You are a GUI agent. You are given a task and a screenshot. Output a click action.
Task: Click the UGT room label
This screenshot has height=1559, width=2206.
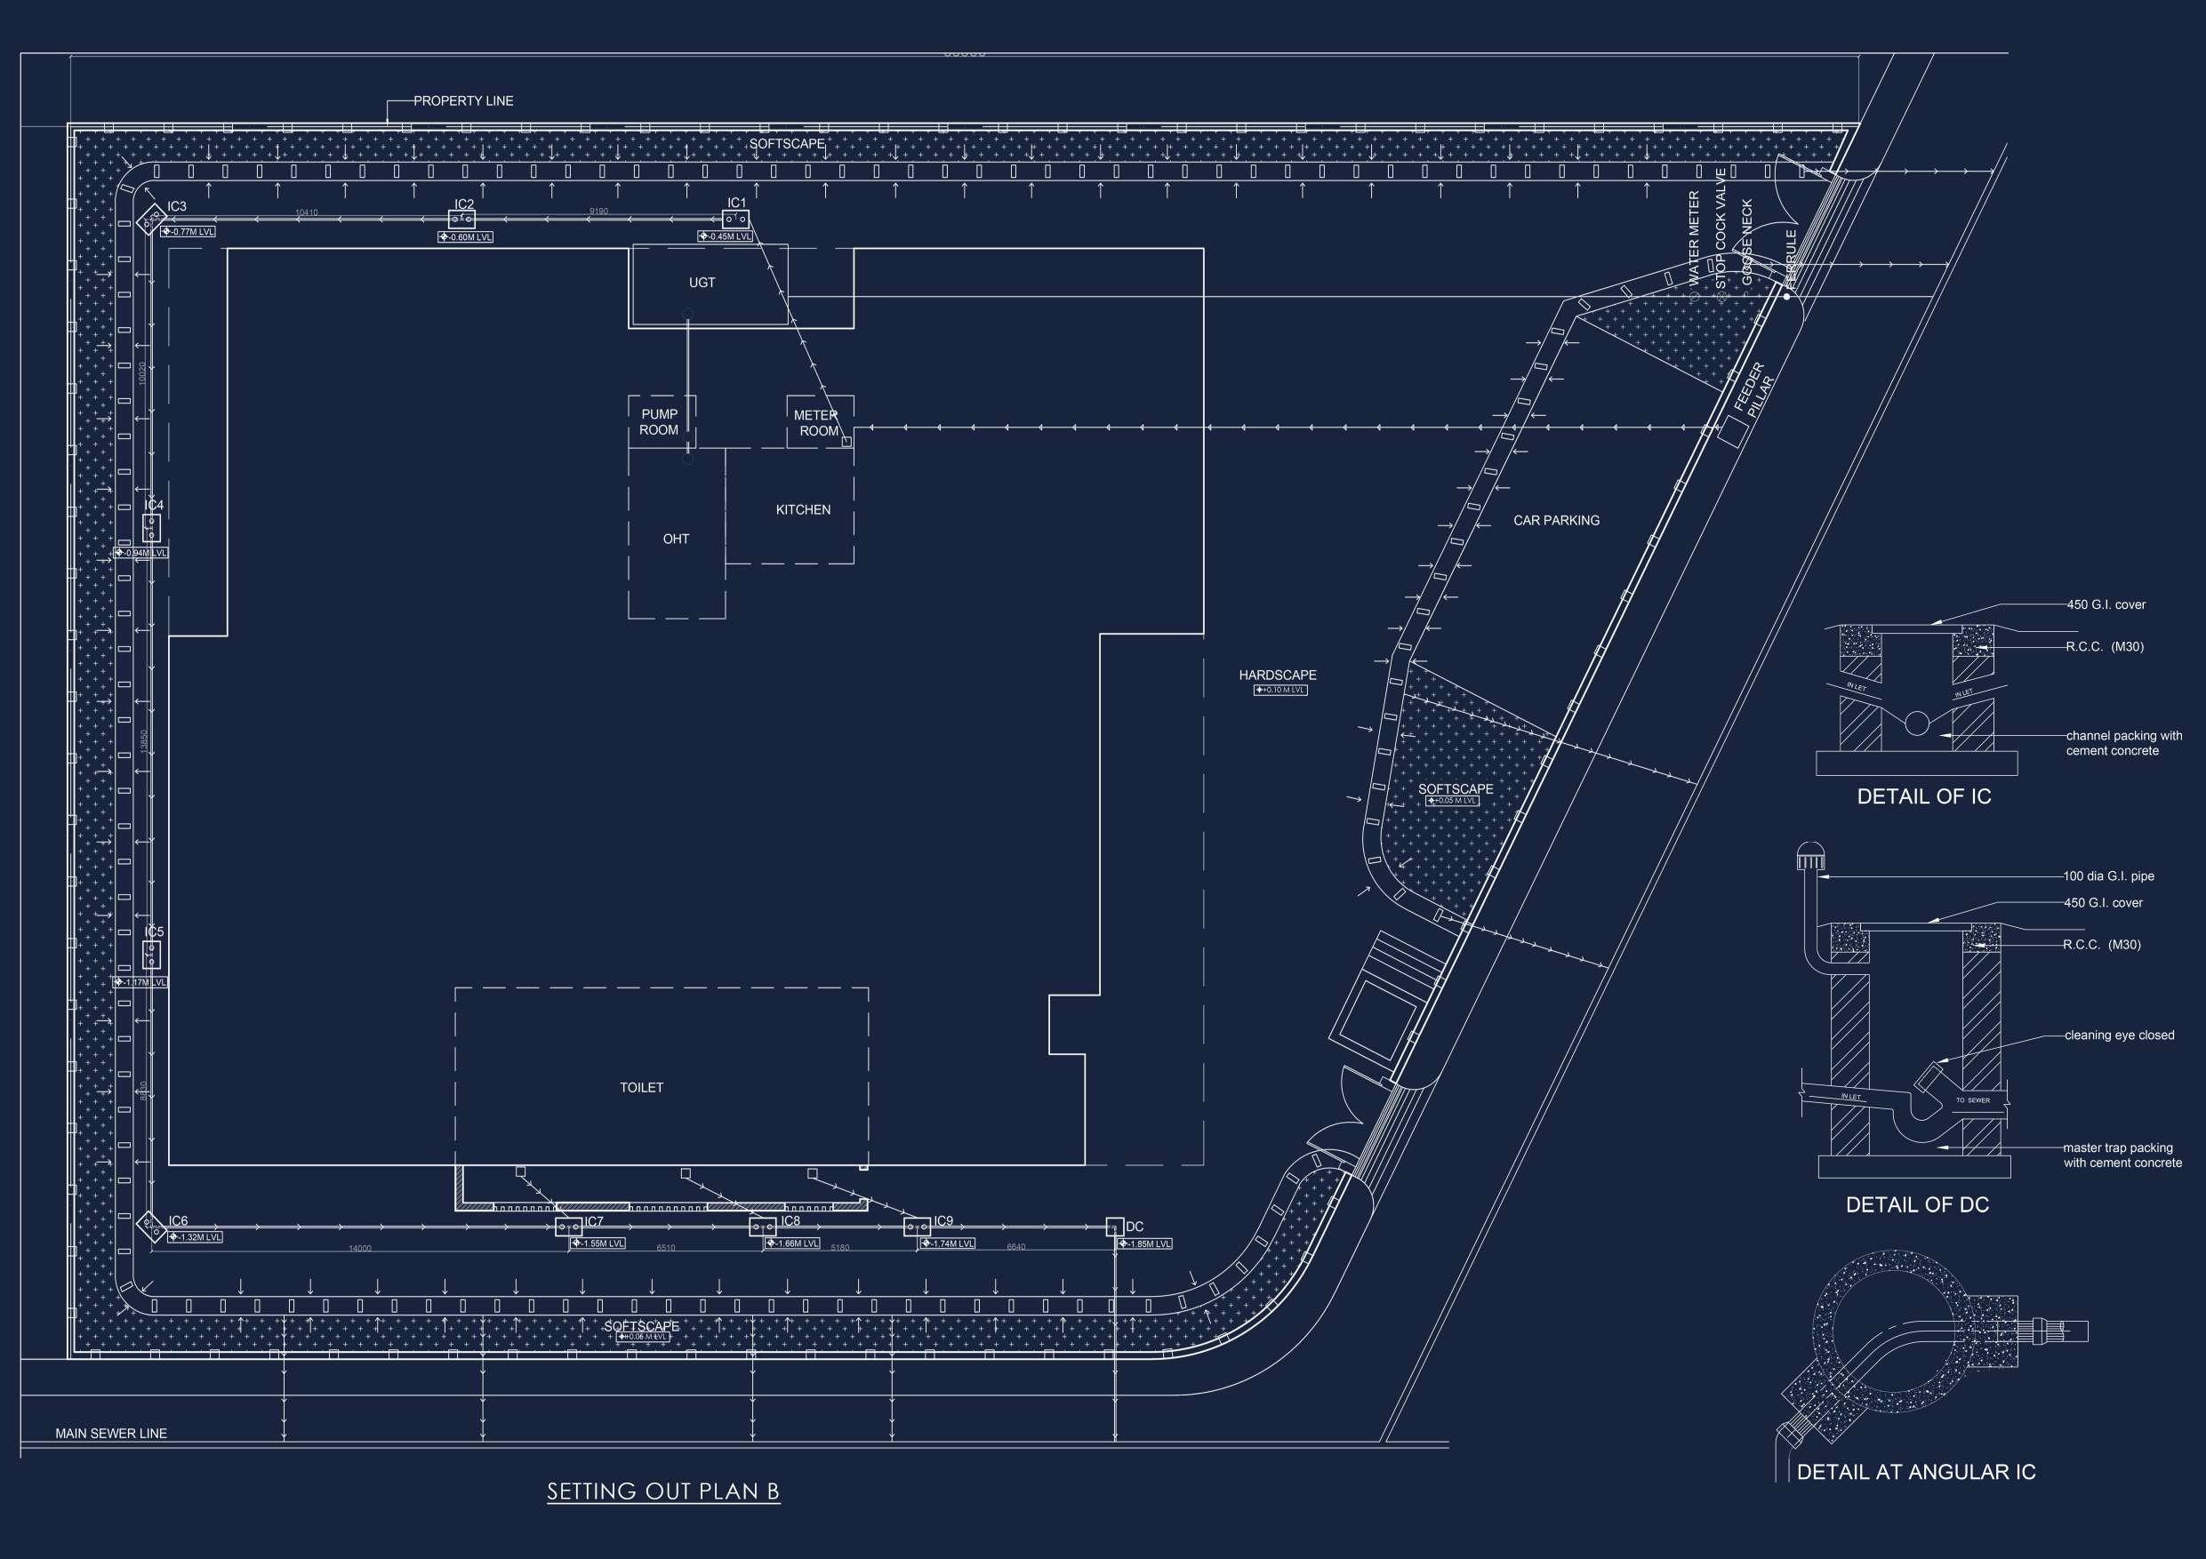(702, 283)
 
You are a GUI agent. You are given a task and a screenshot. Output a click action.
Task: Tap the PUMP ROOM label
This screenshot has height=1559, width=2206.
(659, 421)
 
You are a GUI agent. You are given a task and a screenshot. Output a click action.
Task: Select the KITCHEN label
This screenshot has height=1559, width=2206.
(803, 509)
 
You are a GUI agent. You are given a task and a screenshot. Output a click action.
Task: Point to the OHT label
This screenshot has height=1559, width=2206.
(676, 539)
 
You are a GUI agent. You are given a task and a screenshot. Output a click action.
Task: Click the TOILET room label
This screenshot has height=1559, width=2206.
(642, 1087)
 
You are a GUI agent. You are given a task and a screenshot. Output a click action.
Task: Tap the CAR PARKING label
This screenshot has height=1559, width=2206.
(1557, 520)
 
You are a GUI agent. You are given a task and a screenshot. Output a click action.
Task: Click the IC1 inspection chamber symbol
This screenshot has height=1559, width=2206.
(735, 219)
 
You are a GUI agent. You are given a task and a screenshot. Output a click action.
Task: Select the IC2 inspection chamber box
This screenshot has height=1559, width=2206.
(462, 219)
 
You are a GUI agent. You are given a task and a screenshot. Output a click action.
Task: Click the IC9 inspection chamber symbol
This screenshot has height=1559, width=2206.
(917, 1227)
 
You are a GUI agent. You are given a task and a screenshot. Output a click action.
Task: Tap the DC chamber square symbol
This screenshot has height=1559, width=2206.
(1114, 1227)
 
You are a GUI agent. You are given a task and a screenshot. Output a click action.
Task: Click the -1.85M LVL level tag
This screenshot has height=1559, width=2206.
(1144, 1244)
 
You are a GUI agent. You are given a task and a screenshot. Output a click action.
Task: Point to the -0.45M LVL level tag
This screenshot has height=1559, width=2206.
(726, 236)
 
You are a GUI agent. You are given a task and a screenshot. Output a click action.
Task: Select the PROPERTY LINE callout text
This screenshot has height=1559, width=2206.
(463, 100)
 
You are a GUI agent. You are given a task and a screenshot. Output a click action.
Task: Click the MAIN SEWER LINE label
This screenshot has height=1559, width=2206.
(111, 1433)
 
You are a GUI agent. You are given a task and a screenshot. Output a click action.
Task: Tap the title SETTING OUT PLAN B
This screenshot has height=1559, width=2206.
(663, 1491)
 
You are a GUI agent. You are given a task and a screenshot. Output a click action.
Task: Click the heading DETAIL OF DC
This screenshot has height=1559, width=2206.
(1917, 1204)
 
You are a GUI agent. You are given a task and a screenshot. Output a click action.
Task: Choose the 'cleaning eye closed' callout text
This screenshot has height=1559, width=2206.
(2119, 1035)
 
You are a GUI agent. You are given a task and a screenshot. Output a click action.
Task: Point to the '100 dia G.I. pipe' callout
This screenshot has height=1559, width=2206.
(2108, 876)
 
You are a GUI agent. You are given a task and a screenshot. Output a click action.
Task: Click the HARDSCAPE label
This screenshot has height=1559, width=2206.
(1278, 676)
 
